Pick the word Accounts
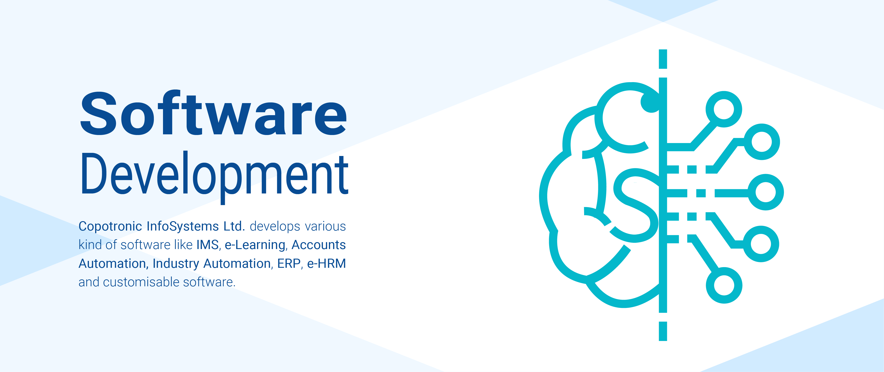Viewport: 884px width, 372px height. (x=318, y=245)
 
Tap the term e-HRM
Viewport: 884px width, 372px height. (x=326, y=263)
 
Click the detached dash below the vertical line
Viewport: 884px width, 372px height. (x=663, y=331)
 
